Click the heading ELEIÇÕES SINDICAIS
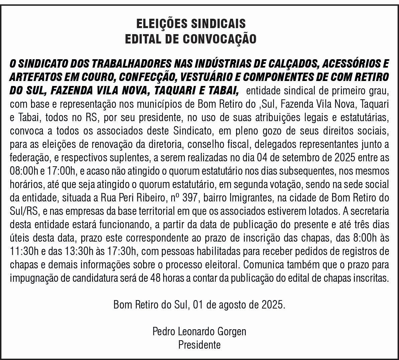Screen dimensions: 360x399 point(191,24)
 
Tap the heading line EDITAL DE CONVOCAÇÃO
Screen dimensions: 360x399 point(191,39)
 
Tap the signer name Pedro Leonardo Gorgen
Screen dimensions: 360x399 point(199,332)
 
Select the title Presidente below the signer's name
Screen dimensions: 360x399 point(199,345)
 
